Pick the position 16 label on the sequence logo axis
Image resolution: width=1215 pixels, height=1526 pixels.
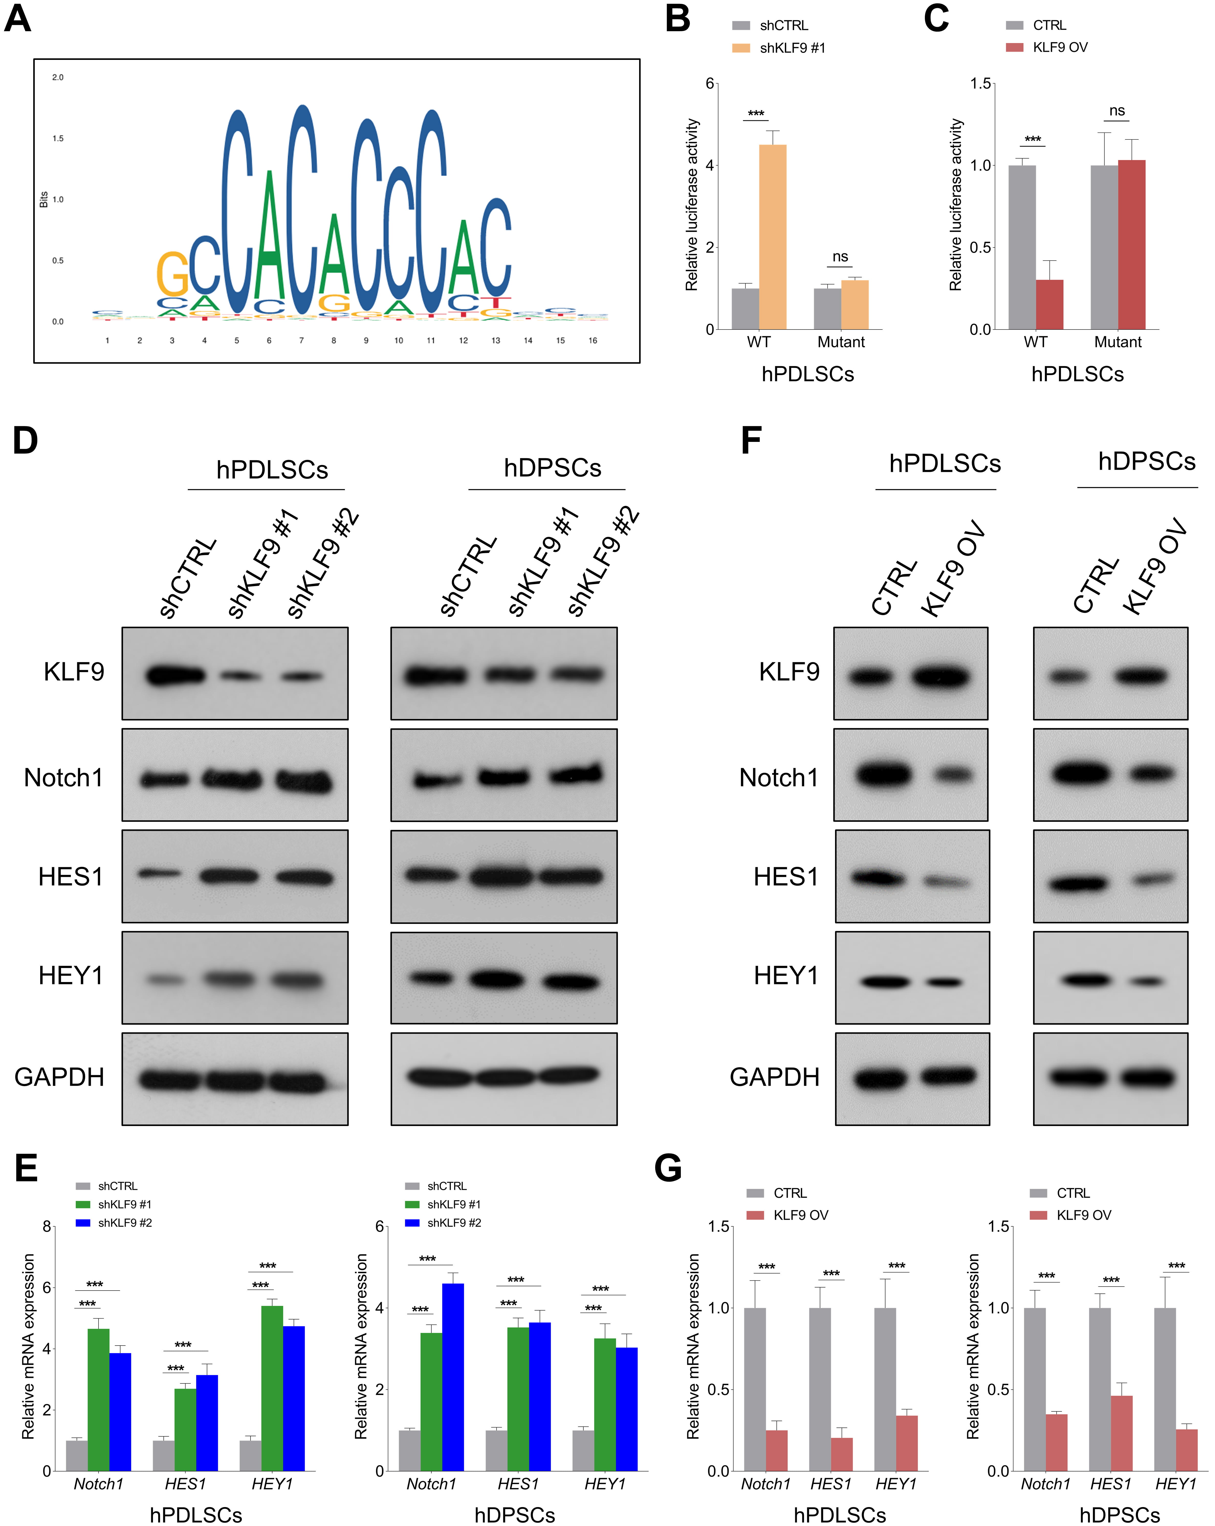(x=592, y=341)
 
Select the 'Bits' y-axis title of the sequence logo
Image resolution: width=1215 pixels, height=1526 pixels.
(x=44, y=200)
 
